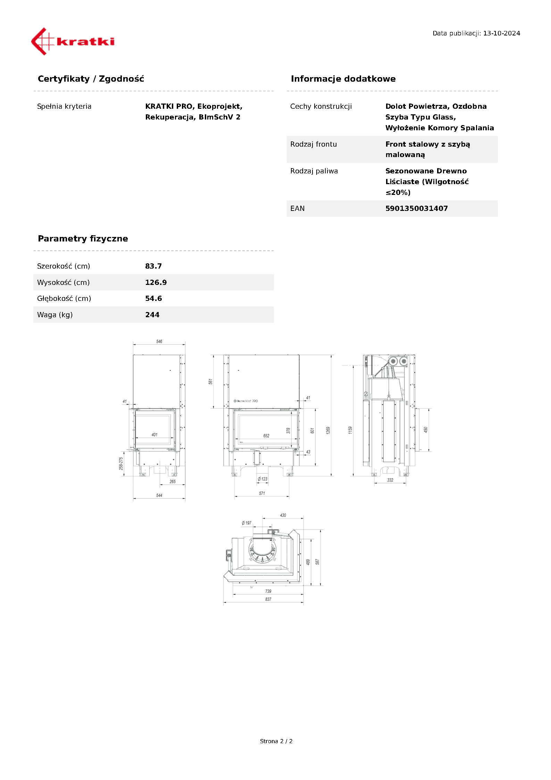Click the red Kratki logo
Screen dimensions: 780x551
(x=73, y=41)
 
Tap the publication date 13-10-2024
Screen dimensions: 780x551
(x=501, y=33)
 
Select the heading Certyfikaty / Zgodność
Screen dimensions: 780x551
(x=91, y=79)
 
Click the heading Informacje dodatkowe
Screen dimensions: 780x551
(x=343, y=79)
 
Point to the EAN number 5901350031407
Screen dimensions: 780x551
(x=416, y=208)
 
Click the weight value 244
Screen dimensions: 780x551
(x=152, y=315)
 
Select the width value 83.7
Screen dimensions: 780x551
(x=153, y=266)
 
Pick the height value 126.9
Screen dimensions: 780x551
(x=156, y=282)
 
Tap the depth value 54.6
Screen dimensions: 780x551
(x=153, y=298)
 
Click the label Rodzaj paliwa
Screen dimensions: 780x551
(x=314, y=171)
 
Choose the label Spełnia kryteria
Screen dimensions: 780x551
(x=64, y=106)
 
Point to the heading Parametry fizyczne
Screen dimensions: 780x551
(x=83, y=239)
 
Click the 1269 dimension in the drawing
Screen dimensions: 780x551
(x=328, y=430)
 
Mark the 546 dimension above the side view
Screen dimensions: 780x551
(x=159, y=342)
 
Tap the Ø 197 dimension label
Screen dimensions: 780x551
(x=247, y=523)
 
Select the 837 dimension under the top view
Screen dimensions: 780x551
(x=268, y=599)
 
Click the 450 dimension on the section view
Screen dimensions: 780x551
(x=426, y=430)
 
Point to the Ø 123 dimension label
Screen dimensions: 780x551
(x=263, y=479)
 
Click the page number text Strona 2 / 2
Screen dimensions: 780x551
(x=276, y=741)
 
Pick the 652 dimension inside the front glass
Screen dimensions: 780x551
(x=266, y=436)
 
